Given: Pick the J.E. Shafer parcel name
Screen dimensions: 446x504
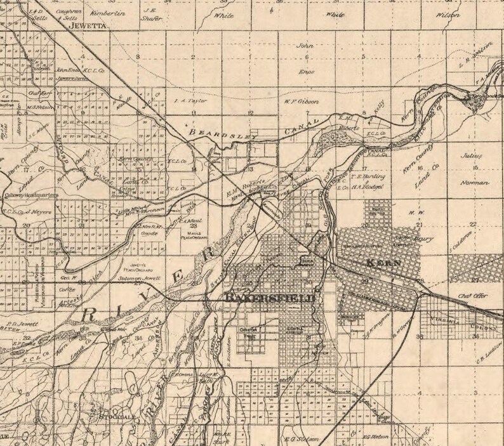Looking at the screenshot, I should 152,15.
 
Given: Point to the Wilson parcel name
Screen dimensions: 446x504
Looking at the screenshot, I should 446,13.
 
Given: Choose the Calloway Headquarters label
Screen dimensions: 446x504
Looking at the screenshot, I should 31,195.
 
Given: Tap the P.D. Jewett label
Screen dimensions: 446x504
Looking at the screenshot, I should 21,324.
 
